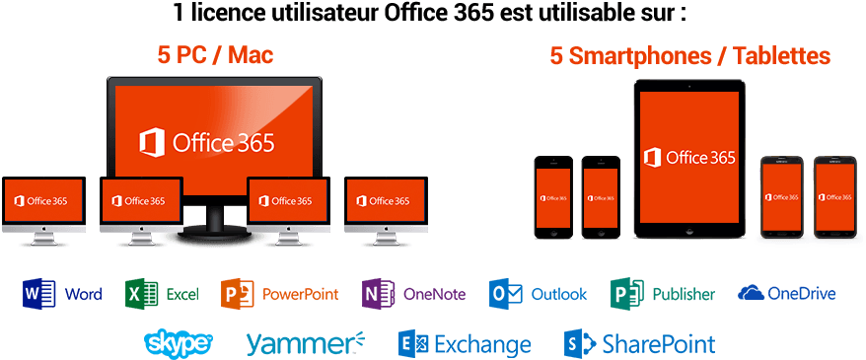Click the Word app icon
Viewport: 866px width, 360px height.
click(39, 293)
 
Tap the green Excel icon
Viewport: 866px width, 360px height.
click(142, 293)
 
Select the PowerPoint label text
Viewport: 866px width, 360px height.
click(300, 294)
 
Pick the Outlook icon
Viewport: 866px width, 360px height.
click(506, 293)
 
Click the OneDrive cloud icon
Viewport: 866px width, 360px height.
click(752, 292)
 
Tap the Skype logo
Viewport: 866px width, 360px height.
click(178, 343)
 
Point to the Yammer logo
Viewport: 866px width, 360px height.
click(304, 343)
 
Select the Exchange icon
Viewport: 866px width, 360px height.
click(412, 343)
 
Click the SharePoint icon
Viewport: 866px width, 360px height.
click(577, 343)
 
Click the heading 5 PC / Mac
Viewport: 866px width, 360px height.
click(215, 55)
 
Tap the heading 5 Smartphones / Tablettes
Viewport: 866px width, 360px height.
click(690, 55)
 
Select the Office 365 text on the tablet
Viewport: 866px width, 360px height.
click(700, 157)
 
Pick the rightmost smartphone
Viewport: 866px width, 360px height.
click(832, 195)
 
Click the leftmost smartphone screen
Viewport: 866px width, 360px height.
click(553, 195)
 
